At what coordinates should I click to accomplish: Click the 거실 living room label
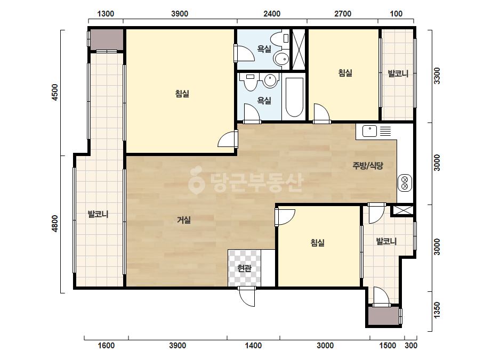point(183,220)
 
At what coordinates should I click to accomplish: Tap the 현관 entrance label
point(244,268)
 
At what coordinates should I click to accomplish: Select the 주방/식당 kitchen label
point(368,166)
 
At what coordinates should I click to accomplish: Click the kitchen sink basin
point(369,131)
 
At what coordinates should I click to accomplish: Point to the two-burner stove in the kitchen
point(405,183)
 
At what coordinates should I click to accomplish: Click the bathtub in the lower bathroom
point(294,96)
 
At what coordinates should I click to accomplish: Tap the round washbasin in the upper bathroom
point(281,59)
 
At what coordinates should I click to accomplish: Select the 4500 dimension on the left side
point(55,92)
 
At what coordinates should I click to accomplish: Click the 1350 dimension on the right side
point(437,310)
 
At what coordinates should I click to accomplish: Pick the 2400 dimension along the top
point(272,14)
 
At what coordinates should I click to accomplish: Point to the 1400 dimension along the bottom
point(253,346)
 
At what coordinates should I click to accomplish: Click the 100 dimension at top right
point(396,14)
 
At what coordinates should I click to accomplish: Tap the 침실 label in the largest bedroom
point(182,93)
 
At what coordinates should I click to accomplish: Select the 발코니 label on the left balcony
point(98,214)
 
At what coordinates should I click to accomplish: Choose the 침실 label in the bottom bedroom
point(317,242)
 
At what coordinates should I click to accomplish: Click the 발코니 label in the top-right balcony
point(398,73)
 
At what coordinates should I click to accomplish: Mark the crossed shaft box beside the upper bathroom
point(299,49)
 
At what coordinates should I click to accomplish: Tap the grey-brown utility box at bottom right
point(383,316)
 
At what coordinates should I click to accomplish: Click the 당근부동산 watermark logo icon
point(196,180)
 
